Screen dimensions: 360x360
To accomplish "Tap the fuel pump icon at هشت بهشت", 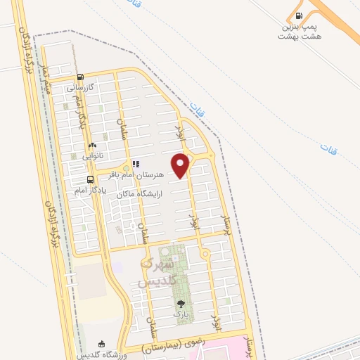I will coord(300,16).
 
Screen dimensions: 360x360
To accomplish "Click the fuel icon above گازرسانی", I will coord(80,78).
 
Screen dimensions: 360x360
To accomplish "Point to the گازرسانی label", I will coord(80,89).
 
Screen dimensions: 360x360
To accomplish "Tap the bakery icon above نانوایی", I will coord(92,145).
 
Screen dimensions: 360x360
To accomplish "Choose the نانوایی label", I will coord(92,155).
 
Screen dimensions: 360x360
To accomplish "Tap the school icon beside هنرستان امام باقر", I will coord(136,164).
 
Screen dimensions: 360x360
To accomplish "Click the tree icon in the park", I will coord(182,304).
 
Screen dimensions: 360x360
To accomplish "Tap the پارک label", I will coord(182,314).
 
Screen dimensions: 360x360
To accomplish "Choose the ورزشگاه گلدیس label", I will coord(102,354).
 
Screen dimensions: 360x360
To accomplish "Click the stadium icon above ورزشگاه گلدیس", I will coord(102,344).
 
